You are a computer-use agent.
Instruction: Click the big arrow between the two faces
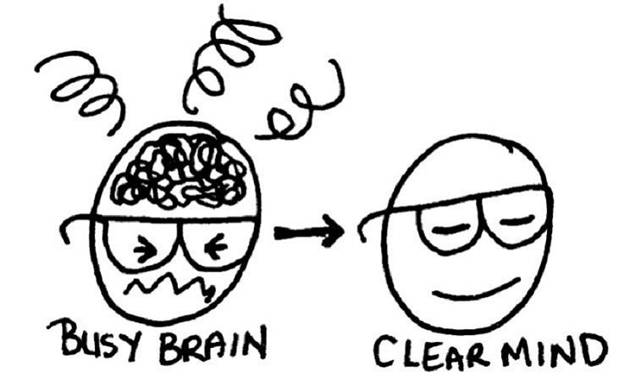(x=309, y=230)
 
